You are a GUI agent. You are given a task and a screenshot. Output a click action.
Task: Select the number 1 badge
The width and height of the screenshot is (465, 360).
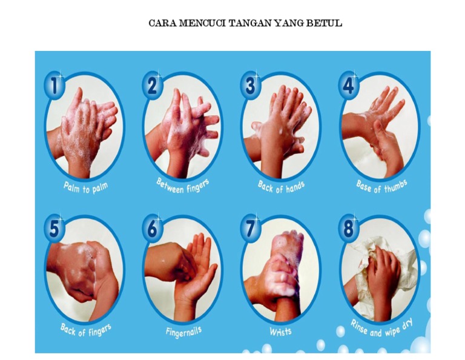point(54,85)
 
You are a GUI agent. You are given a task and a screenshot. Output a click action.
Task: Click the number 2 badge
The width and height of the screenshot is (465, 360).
point(152,85)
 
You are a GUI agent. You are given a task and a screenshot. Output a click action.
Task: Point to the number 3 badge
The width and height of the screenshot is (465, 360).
point(250,85)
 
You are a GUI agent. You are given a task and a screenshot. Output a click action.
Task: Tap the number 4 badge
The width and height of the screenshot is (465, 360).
point(349,85)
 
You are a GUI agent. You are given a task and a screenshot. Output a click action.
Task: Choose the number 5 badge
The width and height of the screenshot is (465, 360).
point(54,229)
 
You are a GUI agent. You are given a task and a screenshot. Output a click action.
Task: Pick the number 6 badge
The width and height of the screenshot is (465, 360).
point(152,229)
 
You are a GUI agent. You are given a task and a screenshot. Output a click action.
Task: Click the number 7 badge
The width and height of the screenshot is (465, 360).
point(251,229)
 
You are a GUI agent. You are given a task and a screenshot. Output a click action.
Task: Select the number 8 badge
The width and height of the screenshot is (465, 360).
point(349,229)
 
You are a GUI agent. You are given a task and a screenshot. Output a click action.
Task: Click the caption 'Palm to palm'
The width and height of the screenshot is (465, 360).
point(85,188)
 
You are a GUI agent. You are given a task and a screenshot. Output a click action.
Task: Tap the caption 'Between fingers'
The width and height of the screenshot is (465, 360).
point(183,186)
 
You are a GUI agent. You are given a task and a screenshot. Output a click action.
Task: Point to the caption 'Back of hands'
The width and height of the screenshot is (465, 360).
point(281,187)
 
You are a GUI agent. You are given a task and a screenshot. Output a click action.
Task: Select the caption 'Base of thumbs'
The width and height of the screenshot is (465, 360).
point(381,187)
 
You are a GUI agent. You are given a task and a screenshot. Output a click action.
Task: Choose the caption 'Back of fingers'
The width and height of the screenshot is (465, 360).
point(86,330)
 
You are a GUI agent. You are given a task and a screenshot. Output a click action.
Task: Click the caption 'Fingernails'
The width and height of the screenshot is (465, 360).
point(183,332)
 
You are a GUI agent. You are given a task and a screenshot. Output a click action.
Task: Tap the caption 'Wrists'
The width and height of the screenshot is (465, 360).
point(280,331)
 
